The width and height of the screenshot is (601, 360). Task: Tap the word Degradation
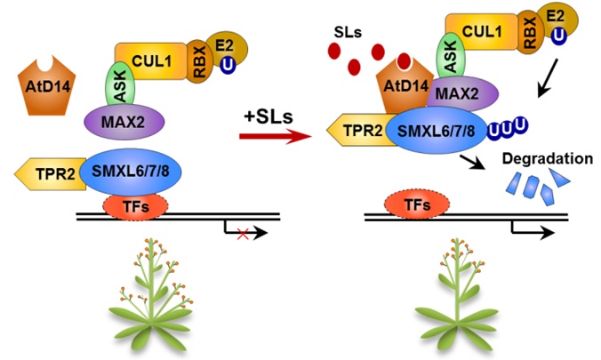coord(546,160)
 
